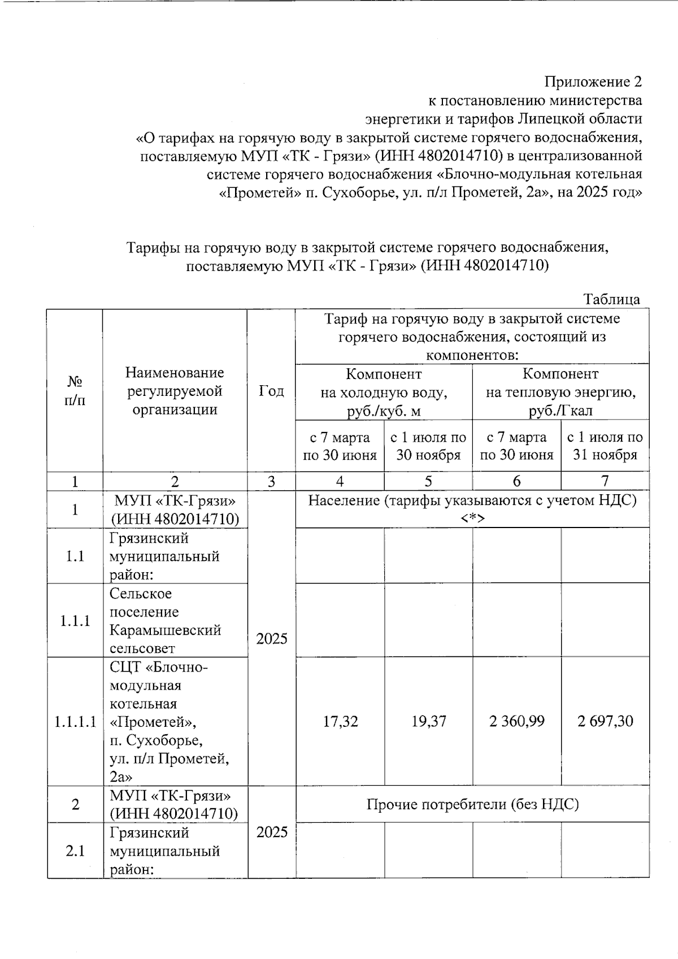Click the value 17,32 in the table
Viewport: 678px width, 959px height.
(x=340, y=721)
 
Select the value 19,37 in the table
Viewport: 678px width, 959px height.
(x=428, y=721)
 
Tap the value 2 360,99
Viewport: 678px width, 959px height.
(x=516, y=721)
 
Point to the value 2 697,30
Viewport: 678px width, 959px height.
(x=605, y=721)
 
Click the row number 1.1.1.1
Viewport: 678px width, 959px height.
(x=75, y=722)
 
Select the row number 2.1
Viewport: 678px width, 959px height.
(x=75, y=851)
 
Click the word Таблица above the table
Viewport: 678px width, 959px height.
(x=612, y=299)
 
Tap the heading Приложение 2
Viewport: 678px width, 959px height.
(x=593, y=82)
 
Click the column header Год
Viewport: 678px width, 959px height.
(x=271, y=391)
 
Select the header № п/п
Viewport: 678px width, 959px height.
(x=75, y=391)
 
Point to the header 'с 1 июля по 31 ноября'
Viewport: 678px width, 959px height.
(x=605, y=446)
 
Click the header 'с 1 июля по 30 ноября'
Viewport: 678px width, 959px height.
(x=428, y=446)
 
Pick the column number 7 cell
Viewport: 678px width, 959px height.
(x=605, y=481)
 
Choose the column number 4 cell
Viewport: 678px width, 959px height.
(x=340, y=481)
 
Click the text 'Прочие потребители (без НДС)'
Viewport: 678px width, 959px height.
(x=472, y=804)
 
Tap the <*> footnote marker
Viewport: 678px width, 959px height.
(x=472, y=519)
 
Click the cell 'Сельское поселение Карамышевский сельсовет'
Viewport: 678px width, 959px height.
(x=165, y=621)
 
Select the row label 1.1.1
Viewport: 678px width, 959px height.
(x=75, y=621)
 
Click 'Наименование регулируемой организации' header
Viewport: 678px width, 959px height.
(x=175, y=391)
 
